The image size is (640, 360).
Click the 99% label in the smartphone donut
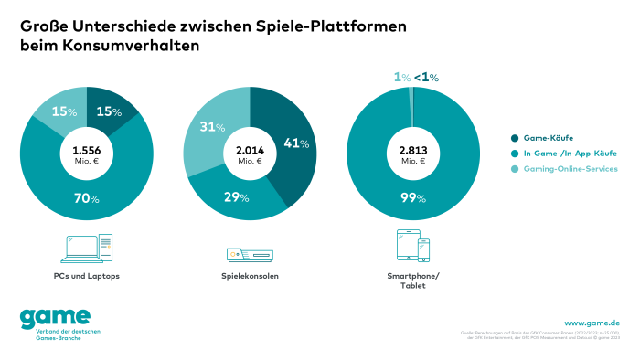point(413,199)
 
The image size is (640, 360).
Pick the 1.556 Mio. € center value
point(86,154)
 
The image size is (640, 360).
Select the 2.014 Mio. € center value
point(250,154)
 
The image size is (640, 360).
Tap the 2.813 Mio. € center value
point(413,154)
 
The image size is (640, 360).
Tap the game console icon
point(250,254)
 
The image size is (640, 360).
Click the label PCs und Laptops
point(86,275)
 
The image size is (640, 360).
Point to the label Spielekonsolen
point(250,275)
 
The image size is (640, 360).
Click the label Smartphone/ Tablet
point(413,280)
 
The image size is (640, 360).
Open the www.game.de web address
point(592,323)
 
